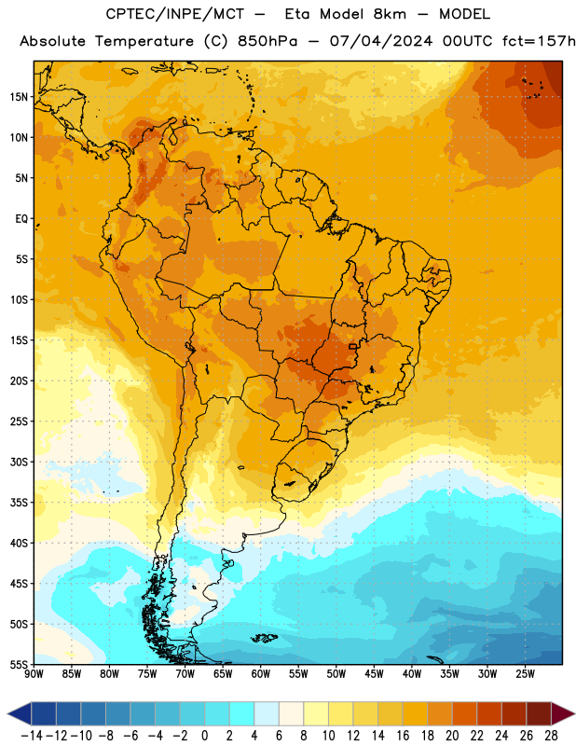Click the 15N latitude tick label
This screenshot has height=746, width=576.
click(x=19, y=97)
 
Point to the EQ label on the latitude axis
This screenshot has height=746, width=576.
click(x=21, y=219)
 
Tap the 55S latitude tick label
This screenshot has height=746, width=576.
click(x=19, y=665)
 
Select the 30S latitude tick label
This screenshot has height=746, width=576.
click(x=19, y=462)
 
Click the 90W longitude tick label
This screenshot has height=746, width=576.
click(x=34, y=674)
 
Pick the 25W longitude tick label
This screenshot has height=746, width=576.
click(x=525, y=674)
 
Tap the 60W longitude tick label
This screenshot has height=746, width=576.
click(x=261, y=674)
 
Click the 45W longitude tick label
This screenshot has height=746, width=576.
click(x=374, y=674)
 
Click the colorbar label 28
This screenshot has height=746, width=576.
click(x=551, y=736)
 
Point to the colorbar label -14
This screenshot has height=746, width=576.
click(x=32, y=736)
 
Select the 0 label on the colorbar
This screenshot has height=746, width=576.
click(x=204, y=736)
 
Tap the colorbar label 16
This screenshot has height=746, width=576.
click(x=403, y=736)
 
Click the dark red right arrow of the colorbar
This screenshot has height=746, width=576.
click(x=562, y=713)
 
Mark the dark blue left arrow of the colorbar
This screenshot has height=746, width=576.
click(x=20, y=713)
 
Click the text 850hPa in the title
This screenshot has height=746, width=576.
click(x=267, y=41)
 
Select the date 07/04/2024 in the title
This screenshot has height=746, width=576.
click(x=381, y=41)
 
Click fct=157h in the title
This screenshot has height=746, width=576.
click(x=539, y=41)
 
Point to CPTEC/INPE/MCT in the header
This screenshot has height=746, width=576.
click(x=175, y=14)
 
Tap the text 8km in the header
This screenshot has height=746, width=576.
click(x=390, y=14)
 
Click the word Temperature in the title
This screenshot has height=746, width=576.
click(x=144, y=42)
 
